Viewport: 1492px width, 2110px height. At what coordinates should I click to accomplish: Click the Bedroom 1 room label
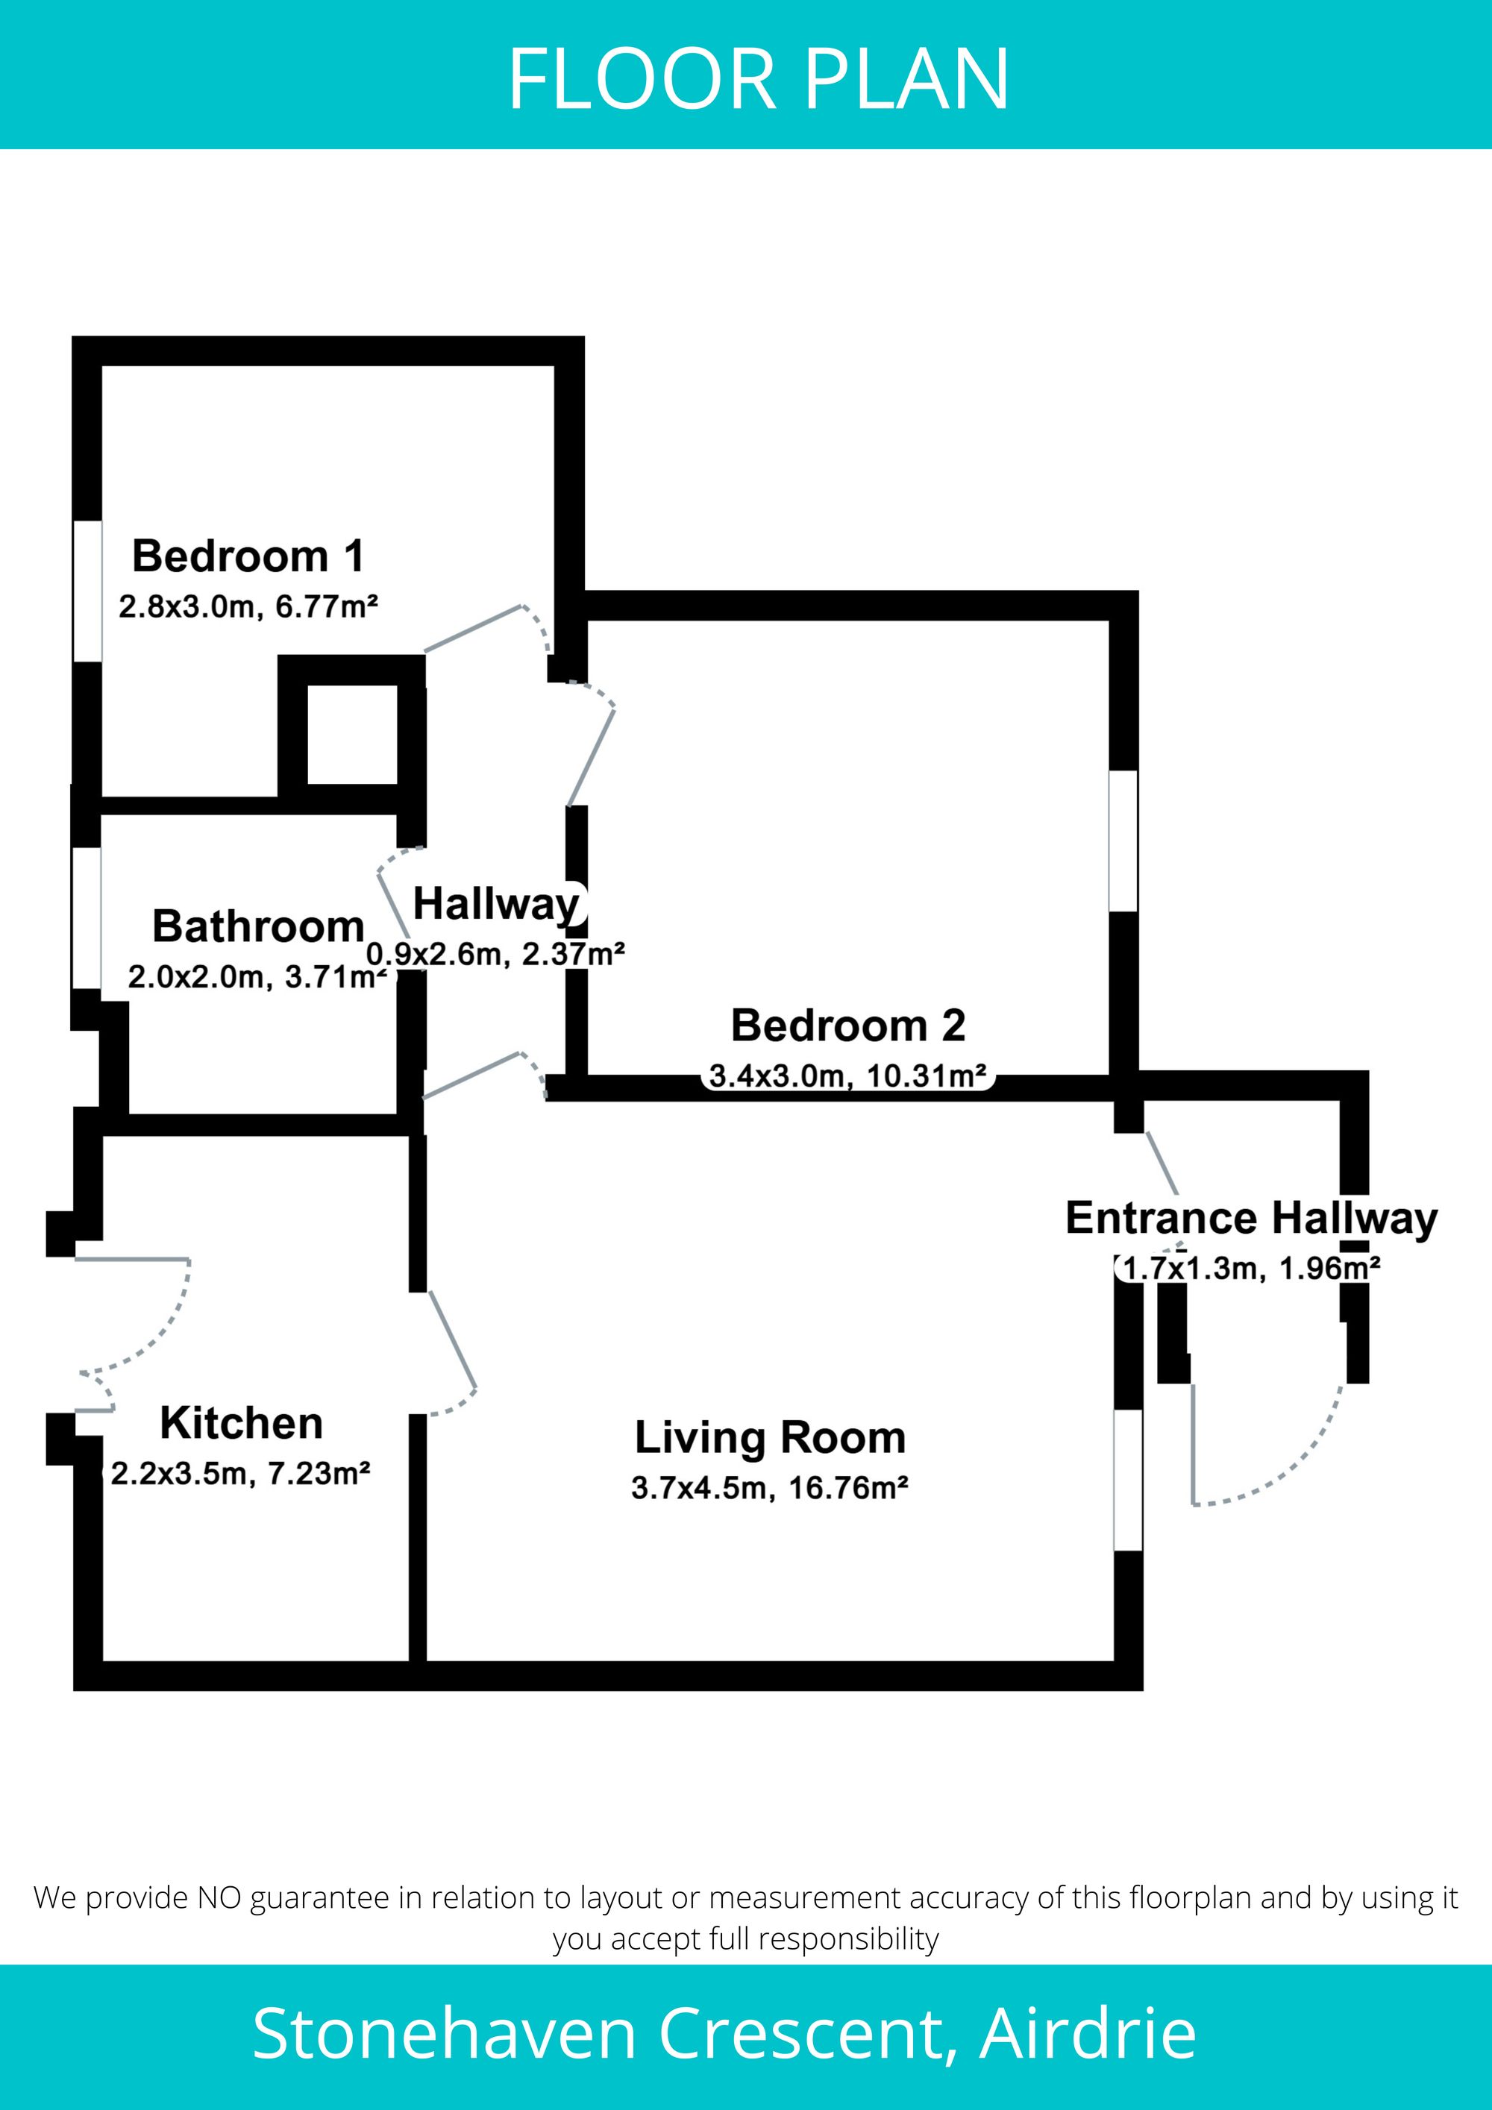click(248, 556)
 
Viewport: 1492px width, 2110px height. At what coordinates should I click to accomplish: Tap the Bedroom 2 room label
click(847, 1026)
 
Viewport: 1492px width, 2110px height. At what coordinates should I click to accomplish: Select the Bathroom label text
click(258, 926)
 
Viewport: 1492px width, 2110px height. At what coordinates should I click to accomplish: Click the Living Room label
click(771, 1438)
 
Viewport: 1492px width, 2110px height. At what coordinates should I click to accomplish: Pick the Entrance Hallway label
click(1251, 1219)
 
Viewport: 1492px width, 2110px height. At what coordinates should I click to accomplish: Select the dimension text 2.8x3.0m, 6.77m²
click(248, 606)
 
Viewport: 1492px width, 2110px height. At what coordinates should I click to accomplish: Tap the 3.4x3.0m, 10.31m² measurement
click(847, 1076)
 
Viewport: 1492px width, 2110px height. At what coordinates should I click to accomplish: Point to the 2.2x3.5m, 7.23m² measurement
click(240, 1474)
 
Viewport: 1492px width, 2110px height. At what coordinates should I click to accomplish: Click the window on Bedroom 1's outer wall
click(87, 591)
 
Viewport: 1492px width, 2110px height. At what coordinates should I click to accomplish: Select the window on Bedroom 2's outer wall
click(1123, 840)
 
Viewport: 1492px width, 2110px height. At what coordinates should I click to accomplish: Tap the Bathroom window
click(87, 918)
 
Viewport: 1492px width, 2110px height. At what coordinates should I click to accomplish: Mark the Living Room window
click(1128, 1480)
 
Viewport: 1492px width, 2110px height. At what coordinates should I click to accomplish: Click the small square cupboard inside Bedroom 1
click(352, 734)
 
